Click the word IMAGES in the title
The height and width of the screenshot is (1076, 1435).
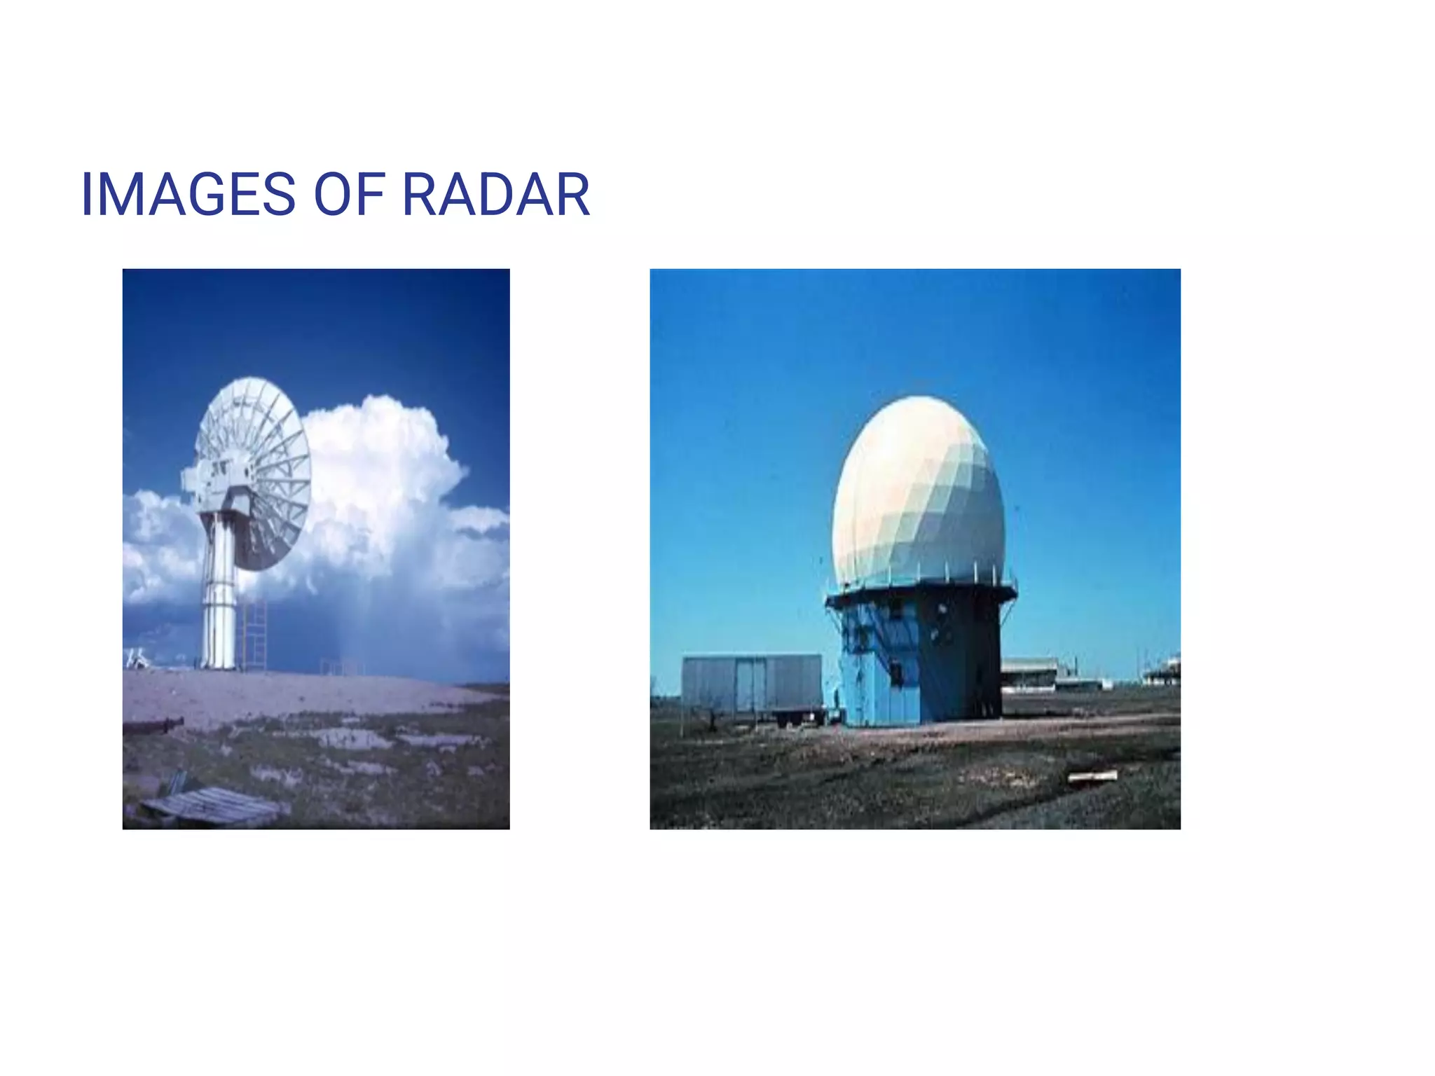tap(188, 195)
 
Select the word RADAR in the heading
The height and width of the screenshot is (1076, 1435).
tap(495, 195)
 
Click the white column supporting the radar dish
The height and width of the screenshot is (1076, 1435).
tap(219, 595)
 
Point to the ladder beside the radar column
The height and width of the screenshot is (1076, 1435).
tap(255, 634)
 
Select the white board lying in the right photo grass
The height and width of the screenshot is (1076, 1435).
tap(1092, 775)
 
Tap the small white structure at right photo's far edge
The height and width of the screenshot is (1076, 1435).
tap(1163, 671)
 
